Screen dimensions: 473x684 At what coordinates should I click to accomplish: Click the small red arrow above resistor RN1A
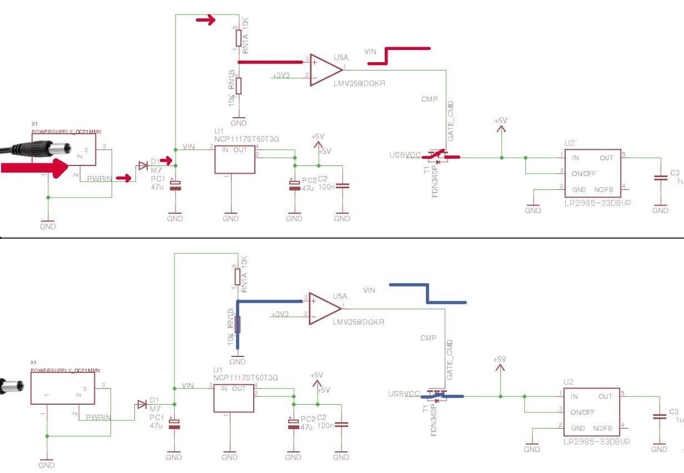(205, 21)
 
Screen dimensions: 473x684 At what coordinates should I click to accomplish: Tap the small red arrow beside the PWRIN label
(126, 178)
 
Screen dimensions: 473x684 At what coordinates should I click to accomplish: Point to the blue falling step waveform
(428, 294)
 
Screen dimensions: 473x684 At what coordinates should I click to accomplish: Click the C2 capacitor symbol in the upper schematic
(343, 185)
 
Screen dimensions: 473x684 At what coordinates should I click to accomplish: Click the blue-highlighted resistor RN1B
(238, 325)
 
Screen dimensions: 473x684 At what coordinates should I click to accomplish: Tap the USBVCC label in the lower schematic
(404, 394)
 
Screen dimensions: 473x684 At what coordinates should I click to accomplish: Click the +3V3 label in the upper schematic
(280, 76)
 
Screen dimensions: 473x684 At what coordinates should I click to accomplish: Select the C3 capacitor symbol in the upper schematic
(660, 178)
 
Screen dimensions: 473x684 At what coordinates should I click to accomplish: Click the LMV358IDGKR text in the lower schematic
(358, 322)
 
